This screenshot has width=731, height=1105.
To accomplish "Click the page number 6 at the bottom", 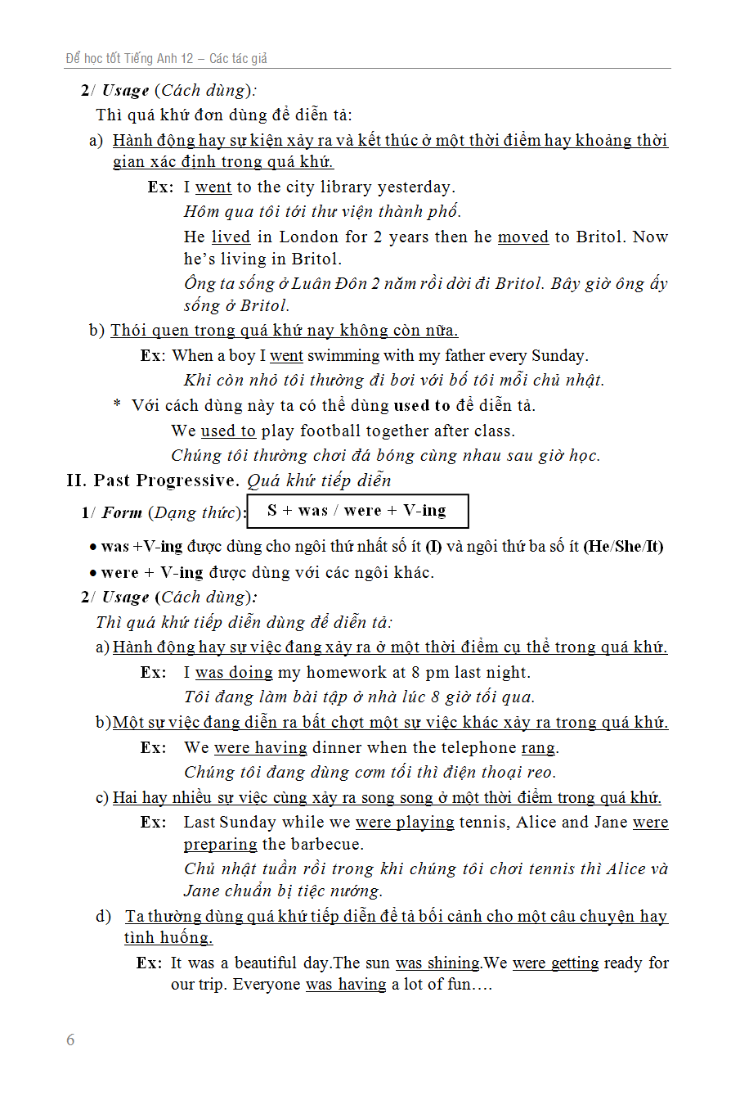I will [70, 1040].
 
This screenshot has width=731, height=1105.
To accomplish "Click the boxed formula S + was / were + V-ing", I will [357, 511].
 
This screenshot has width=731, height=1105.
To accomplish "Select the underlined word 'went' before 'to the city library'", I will [213, 187].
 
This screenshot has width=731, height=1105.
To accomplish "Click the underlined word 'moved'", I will [523, 237].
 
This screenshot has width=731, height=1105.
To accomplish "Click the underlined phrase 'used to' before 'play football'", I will [228, 431].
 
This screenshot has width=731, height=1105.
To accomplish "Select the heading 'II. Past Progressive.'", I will [154, 480].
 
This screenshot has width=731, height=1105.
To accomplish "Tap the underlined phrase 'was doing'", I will [234, 673].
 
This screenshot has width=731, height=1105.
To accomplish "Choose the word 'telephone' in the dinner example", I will [464, 747].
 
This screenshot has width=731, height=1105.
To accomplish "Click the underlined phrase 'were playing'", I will [405, 822].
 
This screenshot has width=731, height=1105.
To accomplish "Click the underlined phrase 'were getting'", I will [556, 963].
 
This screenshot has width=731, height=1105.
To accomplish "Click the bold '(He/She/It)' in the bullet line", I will [623, 547].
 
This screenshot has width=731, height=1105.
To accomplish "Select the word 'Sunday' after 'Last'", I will [251, 822].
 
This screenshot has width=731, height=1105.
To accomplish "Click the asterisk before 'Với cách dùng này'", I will [117, 405].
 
